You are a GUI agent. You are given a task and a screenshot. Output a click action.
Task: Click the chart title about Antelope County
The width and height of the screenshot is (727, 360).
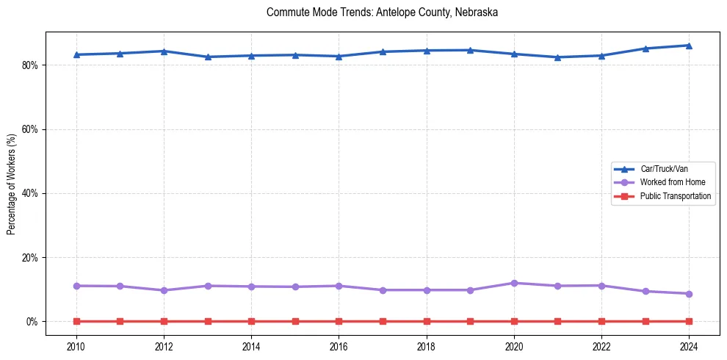pyautogui.click(x=383, y=12)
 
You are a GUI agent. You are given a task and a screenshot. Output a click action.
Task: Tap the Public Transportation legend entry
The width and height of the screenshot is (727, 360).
pyautogui.click(x=675, y=196)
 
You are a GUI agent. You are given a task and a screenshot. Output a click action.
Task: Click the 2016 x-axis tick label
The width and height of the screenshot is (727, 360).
pyautogui.click(x=339, y=346)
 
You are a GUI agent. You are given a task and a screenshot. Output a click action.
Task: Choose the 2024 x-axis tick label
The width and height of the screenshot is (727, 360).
pyautogui.click(x=689, y=346)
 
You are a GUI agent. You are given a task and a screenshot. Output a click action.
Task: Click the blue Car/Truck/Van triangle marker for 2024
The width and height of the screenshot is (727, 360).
pyautogui.click(x=689, y=46)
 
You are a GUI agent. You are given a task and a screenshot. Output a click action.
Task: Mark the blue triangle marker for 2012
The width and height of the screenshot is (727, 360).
pyautogui.click(x=164, y=51)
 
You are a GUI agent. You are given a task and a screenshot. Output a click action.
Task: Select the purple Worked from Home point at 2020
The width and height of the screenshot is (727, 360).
pyautogui.click(x=514, y=283)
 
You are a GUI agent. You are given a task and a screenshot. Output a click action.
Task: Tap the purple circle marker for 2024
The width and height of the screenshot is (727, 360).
pyautogui.click(x=689, y=294)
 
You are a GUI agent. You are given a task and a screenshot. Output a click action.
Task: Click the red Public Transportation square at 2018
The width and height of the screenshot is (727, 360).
pyautogui.click(x=427, y=322)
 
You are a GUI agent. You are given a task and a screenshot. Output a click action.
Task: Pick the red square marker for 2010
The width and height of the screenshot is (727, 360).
pyautogui.click(x=76, y=322)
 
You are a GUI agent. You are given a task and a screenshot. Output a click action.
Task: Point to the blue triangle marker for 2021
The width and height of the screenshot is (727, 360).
pyautogui.click(x=557, y=57)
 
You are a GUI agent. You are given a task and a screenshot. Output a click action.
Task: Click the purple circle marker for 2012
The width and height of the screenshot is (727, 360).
pyautogui.click(x=164, y=290)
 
